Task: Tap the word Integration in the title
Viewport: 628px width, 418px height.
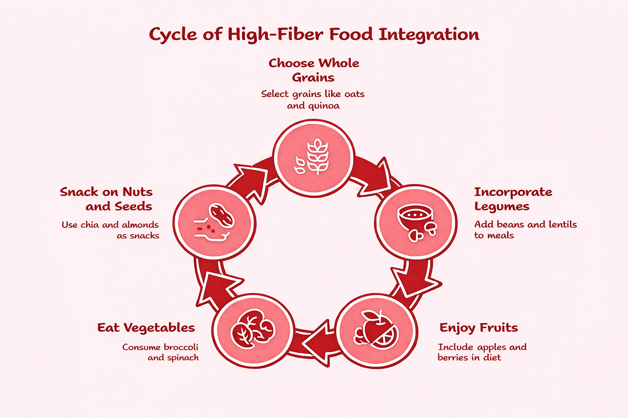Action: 429,35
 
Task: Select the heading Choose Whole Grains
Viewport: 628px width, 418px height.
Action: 314,70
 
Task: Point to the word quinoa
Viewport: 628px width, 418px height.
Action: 324,106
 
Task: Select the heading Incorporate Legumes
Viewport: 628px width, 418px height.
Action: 513,199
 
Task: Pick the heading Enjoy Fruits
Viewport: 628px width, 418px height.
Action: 478,327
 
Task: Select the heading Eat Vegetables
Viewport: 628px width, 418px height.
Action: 146,327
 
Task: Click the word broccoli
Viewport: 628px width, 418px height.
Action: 180,347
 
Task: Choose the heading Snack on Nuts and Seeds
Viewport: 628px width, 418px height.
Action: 106,199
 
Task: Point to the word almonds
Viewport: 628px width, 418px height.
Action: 139,225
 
